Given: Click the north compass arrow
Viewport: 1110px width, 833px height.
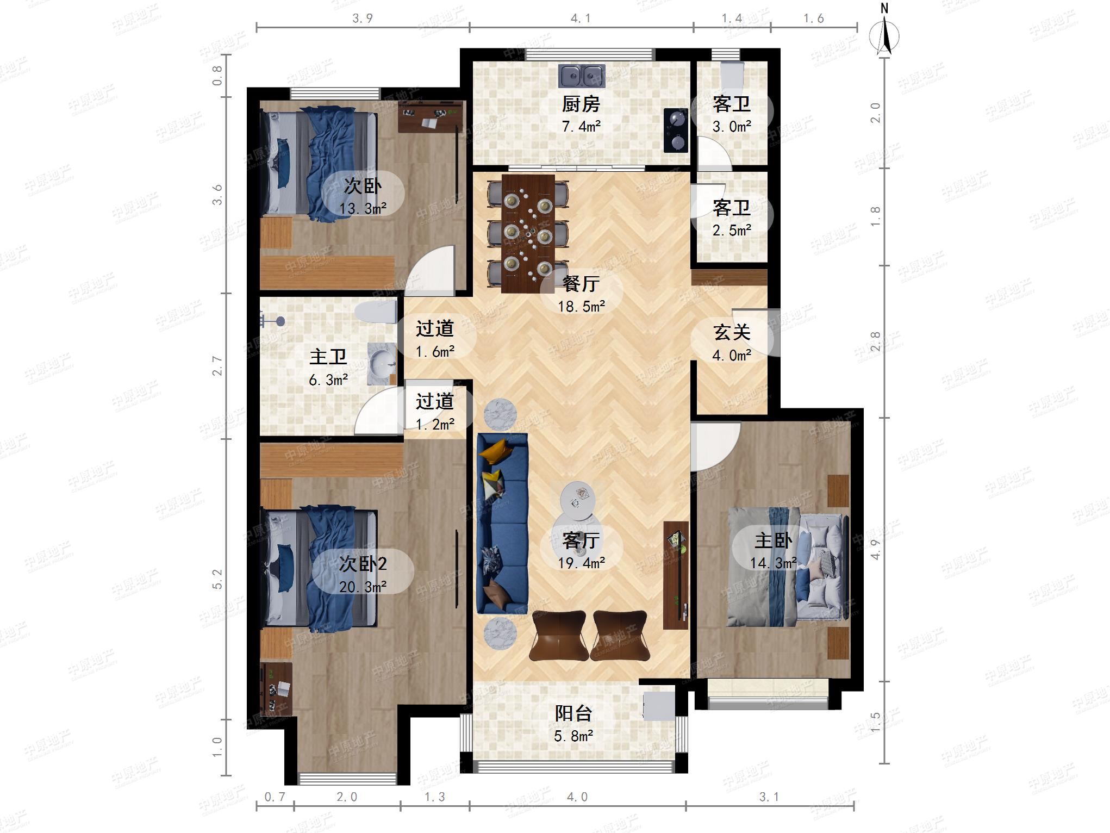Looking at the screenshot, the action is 884,36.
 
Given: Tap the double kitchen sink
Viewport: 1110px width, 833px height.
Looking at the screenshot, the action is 581,76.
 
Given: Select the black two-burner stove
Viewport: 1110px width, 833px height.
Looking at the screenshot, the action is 676,130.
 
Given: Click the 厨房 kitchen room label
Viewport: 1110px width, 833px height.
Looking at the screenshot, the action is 581,103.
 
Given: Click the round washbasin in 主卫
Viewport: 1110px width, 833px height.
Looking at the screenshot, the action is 382,363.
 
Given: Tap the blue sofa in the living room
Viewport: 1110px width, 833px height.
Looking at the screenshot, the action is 502,523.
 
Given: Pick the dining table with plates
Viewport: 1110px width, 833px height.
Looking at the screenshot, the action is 528,233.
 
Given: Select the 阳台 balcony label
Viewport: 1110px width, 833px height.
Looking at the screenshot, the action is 573,713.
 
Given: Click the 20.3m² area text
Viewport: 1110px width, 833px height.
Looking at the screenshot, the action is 363,587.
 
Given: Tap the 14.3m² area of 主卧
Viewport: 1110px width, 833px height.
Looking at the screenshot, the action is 774,563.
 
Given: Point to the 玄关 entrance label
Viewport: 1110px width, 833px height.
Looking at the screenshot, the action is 732,332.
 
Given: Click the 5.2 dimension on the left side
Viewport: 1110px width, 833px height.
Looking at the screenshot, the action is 217,579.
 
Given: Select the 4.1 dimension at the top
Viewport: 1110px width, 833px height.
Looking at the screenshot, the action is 581,18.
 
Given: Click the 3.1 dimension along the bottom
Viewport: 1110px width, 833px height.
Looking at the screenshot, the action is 769,797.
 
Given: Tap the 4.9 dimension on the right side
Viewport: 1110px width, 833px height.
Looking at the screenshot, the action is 875,550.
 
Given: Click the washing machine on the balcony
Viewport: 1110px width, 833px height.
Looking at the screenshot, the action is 659,706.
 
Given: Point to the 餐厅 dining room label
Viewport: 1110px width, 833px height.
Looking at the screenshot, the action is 581,283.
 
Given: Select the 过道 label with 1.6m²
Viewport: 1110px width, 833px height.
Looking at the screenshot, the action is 435,328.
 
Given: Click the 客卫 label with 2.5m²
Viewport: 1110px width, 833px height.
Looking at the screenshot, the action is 732,207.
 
